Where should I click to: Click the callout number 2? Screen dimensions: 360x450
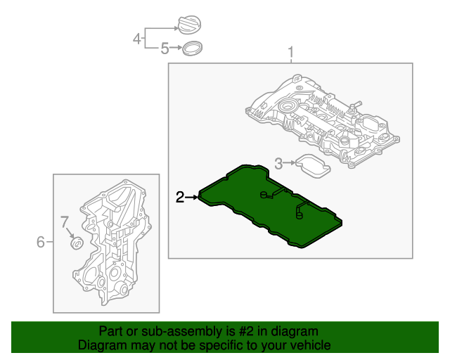(x=180, y=198)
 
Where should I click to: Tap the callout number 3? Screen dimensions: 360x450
(x=278, y=164)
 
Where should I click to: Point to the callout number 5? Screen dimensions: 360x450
(x=165, y=49)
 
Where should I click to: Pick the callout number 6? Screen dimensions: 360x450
(x=41, y=243)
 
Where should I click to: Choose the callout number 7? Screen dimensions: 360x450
(x=63, y=223)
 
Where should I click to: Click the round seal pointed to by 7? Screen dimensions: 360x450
(x=77, y=244)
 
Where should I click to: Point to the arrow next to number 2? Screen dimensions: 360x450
(x=192, y=198)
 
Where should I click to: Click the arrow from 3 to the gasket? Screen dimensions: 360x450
(x=288, y=164)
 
